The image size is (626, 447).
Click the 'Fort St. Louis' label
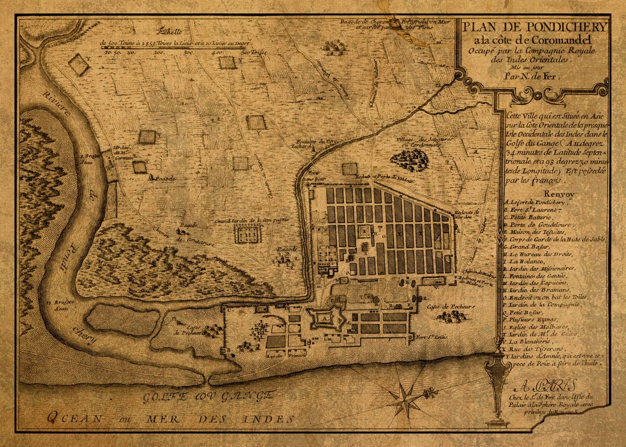tap(429, 337)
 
